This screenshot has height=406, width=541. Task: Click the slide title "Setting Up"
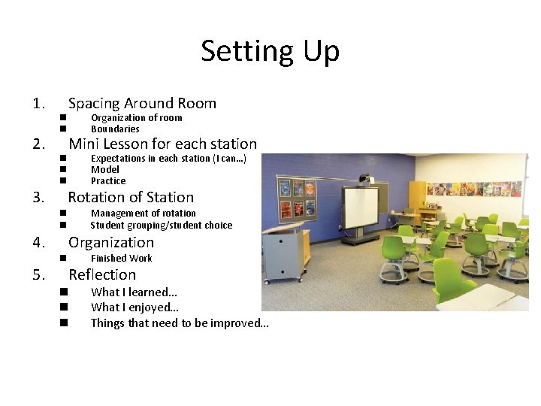[x=270, y=51]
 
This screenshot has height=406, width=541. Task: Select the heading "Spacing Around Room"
[x=142, y=104]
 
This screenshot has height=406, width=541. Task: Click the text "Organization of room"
[x=136, y=118]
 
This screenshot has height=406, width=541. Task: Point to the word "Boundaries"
[x=115, y=129]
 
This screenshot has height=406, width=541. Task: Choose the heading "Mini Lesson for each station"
[x=162, y=144]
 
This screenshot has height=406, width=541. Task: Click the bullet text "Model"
[x=104, y=170]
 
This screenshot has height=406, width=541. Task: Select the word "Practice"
[x=108, y=181]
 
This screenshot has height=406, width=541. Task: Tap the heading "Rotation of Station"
[x=131, y=198]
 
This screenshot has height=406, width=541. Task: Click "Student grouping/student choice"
[x=161, y=226]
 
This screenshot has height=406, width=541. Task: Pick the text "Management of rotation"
[x=143, y=214]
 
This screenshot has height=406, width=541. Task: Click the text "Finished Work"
[x=121, y=259]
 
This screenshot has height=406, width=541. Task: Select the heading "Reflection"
[x=102, y=275]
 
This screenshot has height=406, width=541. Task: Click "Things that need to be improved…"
[x=179, y=323]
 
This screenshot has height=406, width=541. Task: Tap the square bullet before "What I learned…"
[x=64, y=292]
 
